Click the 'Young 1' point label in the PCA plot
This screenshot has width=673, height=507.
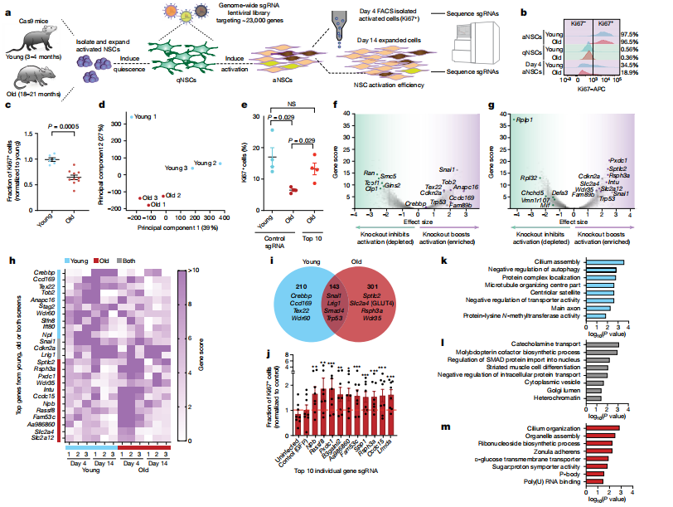coord(145,116)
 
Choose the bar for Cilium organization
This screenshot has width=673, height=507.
coord(603,427)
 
